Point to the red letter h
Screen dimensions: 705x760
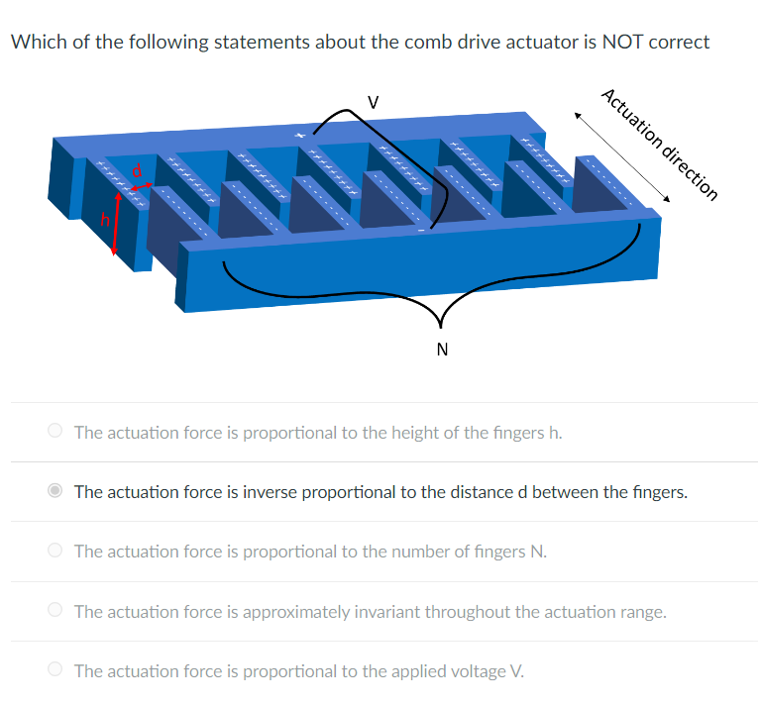pos(102,221)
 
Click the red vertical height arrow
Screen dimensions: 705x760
pos(117,224)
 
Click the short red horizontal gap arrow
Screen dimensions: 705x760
pos(142,184)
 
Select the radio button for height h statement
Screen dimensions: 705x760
pos(56,432)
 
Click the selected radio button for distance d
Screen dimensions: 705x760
pos(56,491)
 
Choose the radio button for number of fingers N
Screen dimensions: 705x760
pos(56,551)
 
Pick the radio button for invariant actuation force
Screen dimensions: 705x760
pos(56,611)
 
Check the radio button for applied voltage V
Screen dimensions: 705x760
pos(56,670)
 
